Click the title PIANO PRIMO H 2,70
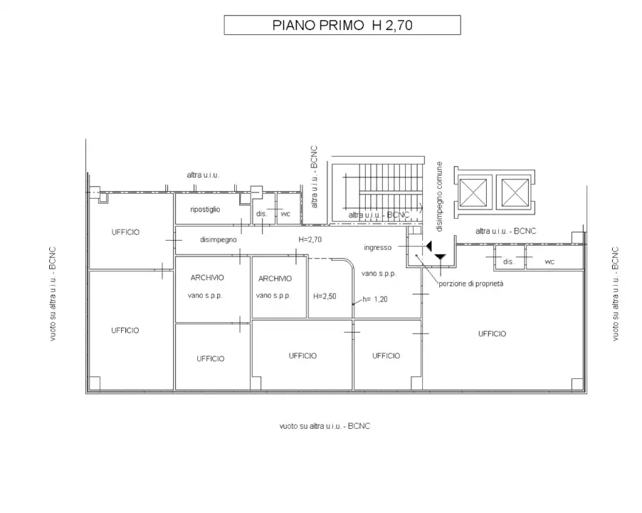tap(342, 25)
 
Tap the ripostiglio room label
tap(205, 209)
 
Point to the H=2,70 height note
tap(310, 239)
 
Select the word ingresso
tap(377, 247)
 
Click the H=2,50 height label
tap(325, 296)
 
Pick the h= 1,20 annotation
tap(374, 299)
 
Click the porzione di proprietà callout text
tap(471, 284)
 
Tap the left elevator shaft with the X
tap(473, 192)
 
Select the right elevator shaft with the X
tap(515, 192)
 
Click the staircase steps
tap(390, 187)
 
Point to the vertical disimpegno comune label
tap(439, 196)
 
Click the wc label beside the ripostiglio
tap(285, 214)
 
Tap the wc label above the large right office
tap(549, 261)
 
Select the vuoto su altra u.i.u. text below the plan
tap(325, 426)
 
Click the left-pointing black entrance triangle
tap(428, 246)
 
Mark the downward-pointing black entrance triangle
tap(440, 257)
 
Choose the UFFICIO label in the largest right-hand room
tap(492, 334)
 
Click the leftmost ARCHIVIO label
tap(207, 277)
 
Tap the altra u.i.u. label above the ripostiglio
tap(203, 175)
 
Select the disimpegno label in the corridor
tap(219, 239)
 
